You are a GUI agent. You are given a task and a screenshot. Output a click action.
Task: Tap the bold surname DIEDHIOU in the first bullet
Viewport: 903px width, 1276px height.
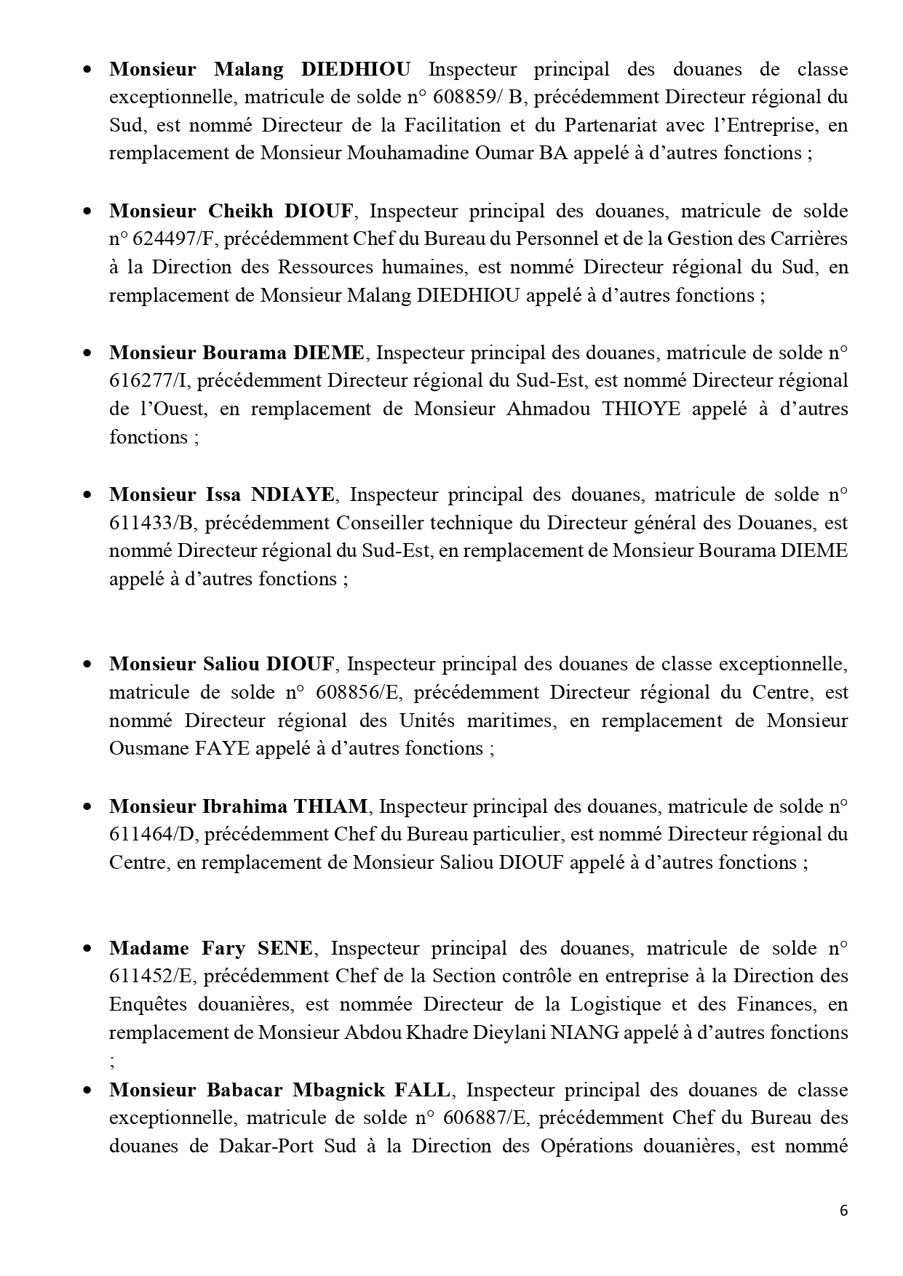(355, 69)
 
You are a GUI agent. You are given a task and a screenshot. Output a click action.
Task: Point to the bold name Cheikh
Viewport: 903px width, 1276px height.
(241, 211)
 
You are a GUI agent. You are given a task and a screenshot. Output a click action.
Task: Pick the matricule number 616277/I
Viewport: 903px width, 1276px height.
(147, 381)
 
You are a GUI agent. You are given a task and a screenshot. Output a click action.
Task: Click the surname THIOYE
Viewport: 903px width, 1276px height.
(641, 409)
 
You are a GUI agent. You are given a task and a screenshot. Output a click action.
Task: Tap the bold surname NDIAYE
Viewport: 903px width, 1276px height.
(293, 494)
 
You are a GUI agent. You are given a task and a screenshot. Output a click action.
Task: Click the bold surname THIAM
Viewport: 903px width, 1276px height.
(330, 806)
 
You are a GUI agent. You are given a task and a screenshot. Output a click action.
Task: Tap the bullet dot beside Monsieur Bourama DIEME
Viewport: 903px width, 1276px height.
(87, 353)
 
